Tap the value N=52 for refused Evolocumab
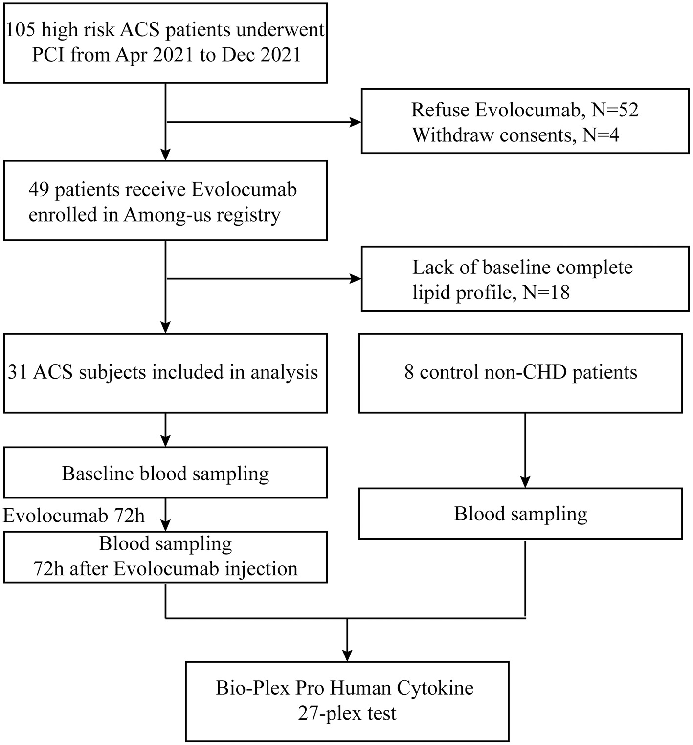pyautogui.click(x=615, y=110)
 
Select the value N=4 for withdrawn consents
pyautogui.click(x=601, y=135)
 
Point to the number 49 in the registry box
pyautogui.click(x=39, y=190)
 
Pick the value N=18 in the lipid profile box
pyautogui.click(x=546, y=293)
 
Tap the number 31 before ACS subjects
pyautogui.click(x=18, y=373)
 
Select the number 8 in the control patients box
pyautogui.click(x=409, y=373)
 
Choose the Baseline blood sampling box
pyautogui.click(x=165, y=473)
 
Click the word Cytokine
pyautogui.click(x=435, y=688)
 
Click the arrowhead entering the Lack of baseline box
pyautogui.click(x=356, y=279)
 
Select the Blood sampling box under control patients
pyautogui.click(x=520, y=514)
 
